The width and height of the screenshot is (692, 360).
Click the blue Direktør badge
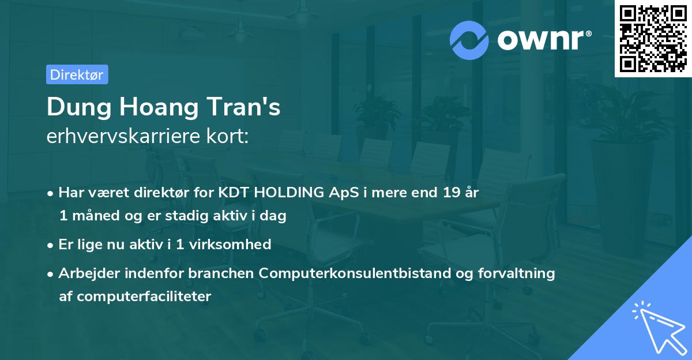[x=77, y=74]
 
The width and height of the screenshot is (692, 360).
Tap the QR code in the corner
[x=653, y=39]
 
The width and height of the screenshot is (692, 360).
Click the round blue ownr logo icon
[x=469, y=39]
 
